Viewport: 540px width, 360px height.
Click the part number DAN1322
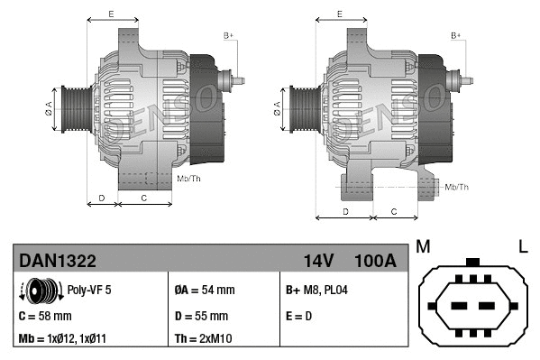click(58, 262)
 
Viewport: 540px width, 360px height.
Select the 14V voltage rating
click(318, 262)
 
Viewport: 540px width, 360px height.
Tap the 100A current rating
click(374, 262)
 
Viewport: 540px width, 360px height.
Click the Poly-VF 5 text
click(90, 291)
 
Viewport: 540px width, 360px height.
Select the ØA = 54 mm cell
click(204, 291)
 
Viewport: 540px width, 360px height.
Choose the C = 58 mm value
click(45, 316)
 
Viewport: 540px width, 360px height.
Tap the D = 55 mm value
click(201, 316)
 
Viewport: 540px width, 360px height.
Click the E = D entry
click(299, 316)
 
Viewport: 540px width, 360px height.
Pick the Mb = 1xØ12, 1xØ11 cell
click(64, 340)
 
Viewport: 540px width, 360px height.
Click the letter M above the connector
click(424, 246)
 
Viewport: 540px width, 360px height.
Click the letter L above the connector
click(522, 246)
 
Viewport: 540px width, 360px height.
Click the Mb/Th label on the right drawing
click(457, 187)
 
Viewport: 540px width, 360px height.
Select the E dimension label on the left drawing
click(111, 14)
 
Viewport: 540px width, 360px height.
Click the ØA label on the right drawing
click(277, 109)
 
